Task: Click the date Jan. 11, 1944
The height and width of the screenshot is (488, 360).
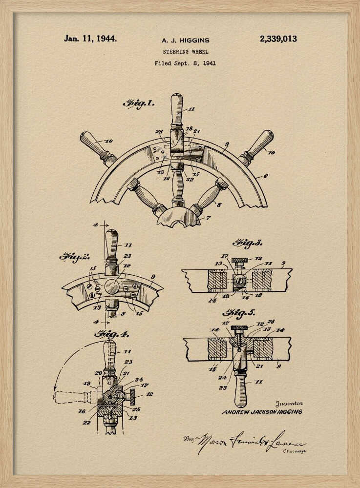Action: [90, 39]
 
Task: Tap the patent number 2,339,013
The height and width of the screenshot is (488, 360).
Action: [278, 39]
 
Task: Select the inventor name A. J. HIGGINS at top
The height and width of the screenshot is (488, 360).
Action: [185, 41]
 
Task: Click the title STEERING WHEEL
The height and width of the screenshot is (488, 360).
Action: [185, 52]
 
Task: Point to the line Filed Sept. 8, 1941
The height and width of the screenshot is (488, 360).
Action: [185, 63]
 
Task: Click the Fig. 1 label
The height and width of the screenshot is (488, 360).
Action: [139, 103]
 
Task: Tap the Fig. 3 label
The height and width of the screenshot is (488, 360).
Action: [247, 243]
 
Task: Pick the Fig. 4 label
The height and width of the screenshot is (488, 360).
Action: [111, 334]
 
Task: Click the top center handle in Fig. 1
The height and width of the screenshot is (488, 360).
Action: [177, 110]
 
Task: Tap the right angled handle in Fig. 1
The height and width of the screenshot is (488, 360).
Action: [256, 145]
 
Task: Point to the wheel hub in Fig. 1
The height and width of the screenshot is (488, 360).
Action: [178, 216]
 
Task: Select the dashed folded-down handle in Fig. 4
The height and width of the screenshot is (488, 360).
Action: [73, 397]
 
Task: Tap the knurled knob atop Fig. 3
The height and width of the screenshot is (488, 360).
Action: [240, 260]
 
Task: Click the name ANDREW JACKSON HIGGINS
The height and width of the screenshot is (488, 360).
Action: [262, 412]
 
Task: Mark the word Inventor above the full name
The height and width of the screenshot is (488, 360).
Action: [289, 404]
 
